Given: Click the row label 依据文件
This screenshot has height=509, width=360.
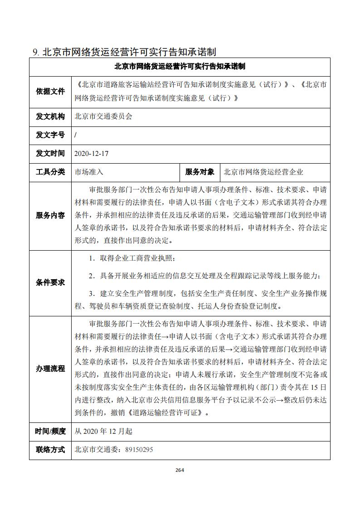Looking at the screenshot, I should pyautogui.click(x=50, y=91).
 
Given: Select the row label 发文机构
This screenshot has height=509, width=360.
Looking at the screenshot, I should pyautogui.click(x=50, y=116).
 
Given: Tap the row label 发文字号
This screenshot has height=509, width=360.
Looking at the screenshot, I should pyautogui.click(x=50, y=135).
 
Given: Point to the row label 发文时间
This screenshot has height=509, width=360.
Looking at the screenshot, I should pyautogui.click(x=50, y=154).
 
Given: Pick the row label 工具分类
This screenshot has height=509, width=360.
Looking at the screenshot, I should pyautogui.click(x=50, y=172).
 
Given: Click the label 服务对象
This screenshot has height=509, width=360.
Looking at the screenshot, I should pyautogui.click(x=199, y=172).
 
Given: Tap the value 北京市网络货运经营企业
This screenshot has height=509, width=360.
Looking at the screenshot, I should pyautogui.click(x=263, y=172).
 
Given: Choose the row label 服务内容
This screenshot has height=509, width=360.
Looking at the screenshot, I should pyautogui.click(x=50, y=215).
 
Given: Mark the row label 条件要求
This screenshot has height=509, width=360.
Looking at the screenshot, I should pyautogui.click(x=50, y=282).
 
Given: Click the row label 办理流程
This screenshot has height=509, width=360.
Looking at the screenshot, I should pyautogui.click(x=50, y=368).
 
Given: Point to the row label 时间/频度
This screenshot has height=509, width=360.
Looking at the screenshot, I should pyautogui.click(x=50, y=431).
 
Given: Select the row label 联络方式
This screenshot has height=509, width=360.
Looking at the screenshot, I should pyautogui.click(x=50, y=450).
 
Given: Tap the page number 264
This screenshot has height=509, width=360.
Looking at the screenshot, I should pyautogui.click(x=180, y=470).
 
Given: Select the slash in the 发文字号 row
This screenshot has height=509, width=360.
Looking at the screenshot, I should pyautogui.click(x=75, y=135).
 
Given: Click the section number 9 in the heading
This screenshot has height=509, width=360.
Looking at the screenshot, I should pyautogui.click(x=35, y=52).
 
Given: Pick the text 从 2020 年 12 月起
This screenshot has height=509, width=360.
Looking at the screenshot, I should pyautogui.click(x=103, y=431).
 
